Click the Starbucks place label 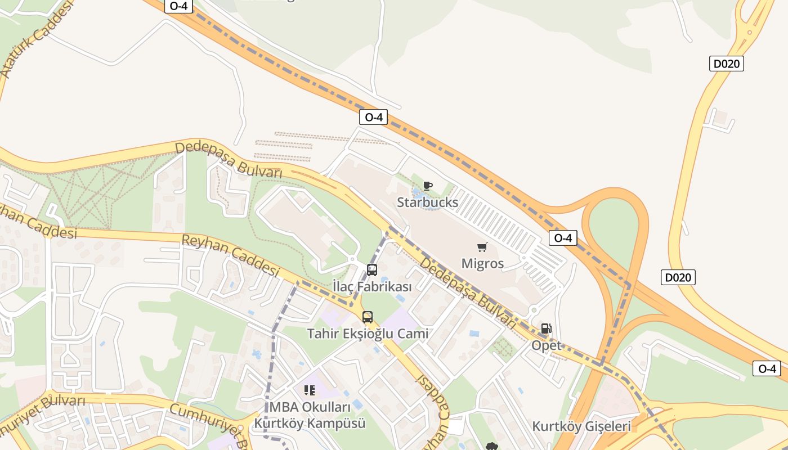click(427, 202)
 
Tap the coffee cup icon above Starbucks click(428, 186)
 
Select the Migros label click(482, 263)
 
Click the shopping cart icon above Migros click(482, 247)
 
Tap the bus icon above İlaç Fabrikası click(372, 270)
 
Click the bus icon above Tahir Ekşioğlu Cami click(368, 317)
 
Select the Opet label click(547, 345)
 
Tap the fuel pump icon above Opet click(546, 328)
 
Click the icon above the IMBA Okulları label click(309, 390)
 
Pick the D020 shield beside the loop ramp click(678, 277)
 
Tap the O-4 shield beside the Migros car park click(563, 238)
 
